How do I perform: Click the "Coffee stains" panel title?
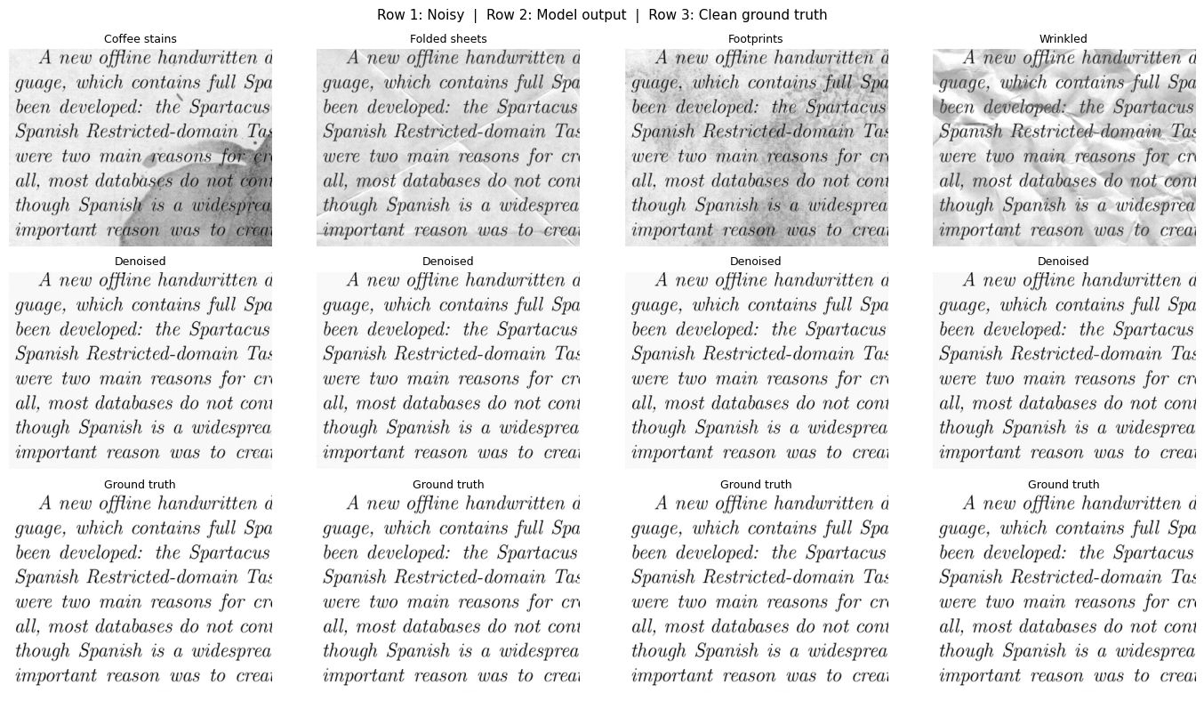140,39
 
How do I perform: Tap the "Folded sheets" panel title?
448,39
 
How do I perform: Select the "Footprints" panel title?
756,39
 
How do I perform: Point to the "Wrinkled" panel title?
1063,39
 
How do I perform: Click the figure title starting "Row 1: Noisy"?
602,15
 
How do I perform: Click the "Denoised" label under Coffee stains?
140,262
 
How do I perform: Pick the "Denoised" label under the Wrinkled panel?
1063,262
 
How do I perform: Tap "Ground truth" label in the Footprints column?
756,485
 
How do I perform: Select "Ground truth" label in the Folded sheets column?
448,485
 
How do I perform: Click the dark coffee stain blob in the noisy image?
222,205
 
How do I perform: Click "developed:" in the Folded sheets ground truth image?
387,552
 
